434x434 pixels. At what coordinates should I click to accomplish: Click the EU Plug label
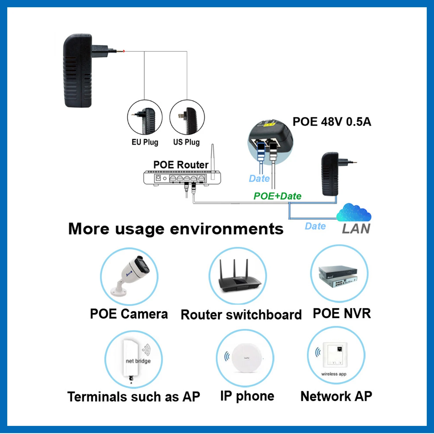tap(145, 142)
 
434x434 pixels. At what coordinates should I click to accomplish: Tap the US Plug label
tap(186, 142)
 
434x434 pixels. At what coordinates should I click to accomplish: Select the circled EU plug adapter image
tap(145, 117)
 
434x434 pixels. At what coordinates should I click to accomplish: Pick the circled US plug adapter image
tap(187, 117)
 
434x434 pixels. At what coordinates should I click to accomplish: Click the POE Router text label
tap(181, 165)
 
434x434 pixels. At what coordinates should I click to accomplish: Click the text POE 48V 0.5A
tap(332, 122)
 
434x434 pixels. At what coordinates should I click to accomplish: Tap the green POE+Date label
tap(277, 196)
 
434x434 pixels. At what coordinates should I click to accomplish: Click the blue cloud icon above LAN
tap(354, 213)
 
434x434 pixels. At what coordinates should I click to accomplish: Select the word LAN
tap(356, 229)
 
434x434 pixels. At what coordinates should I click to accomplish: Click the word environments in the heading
tap(227, 229)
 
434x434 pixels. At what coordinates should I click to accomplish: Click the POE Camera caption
tap(129, 314)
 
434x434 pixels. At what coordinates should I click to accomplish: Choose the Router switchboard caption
tap(241, 315)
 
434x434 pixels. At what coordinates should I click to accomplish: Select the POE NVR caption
tap(342, 314)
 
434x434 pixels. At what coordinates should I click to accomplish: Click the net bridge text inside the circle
tap(138, 361)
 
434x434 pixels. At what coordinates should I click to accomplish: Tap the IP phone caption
tap(247, 396)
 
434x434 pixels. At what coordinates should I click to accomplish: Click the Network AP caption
tap(336, 396)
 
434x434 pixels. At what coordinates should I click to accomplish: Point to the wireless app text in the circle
tap(334, 374)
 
